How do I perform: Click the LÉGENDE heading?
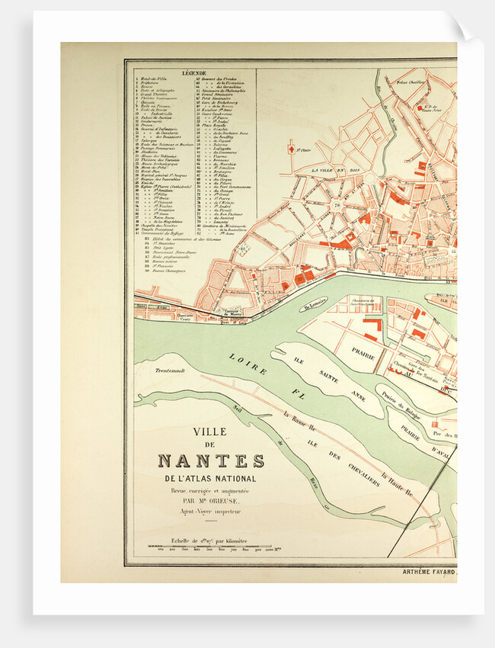[x=194, y=73]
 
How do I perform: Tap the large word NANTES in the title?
[x=211, y=461]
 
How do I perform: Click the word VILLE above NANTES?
[x=209, y=431]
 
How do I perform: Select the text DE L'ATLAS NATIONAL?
[x=211, y=478]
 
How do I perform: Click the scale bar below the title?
[x=209, y=547]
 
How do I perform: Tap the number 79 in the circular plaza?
[x=336, y=205]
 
